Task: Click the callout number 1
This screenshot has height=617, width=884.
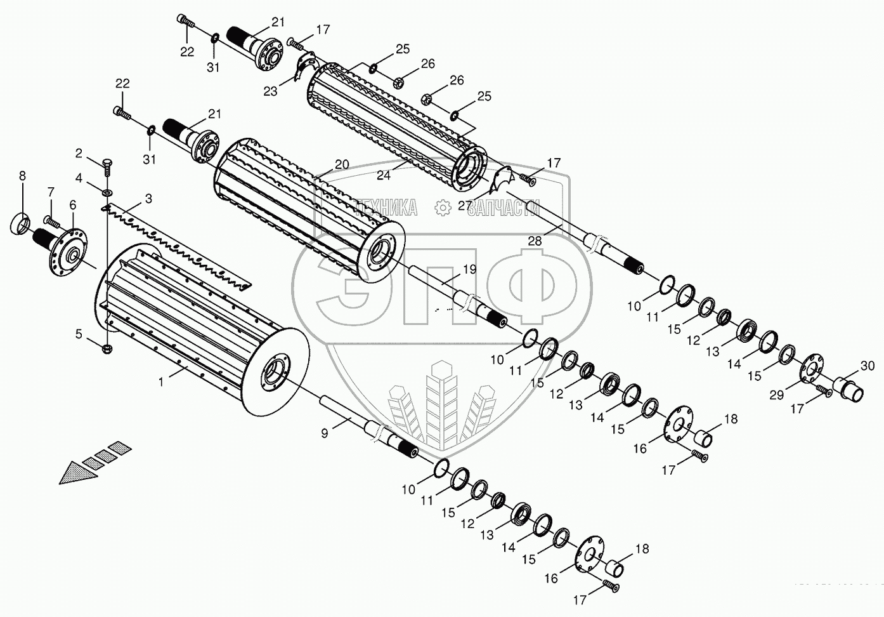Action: coord(161,381)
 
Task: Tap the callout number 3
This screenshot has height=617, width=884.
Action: coord(148,199)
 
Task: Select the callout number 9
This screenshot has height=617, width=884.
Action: coord(325,434)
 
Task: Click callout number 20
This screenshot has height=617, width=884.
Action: coord(342,164)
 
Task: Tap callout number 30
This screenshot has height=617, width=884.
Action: coord(868,366)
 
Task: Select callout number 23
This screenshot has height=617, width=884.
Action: coord(271,91)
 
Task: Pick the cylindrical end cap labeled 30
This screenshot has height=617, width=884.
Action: coord(848,388)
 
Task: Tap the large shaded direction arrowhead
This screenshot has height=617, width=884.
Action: coord(75,472)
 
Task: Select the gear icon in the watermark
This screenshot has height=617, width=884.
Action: coord(442,207)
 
